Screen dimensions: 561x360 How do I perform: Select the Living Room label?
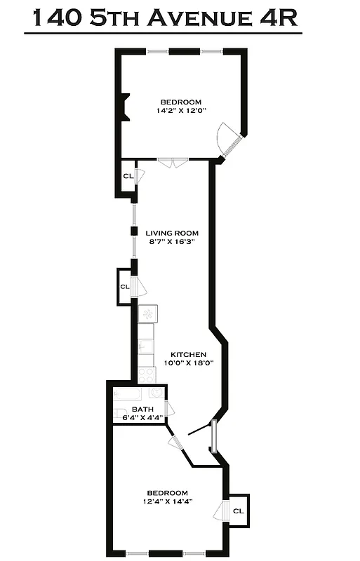point(172,233)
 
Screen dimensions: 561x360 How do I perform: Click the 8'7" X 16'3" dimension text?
point(172,242)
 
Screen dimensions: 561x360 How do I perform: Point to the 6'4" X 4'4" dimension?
point(138,418)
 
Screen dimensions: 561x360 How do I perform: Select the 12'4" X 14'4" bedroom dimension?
point(168,501)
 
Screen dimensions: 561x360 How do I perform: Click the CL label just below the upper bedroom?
point(127,176)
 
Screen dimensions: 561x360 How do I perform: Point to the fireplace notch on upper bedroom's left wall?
point(124,107)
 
